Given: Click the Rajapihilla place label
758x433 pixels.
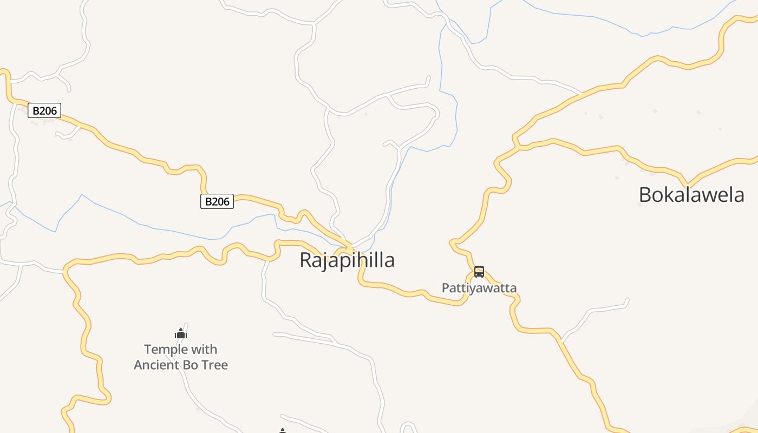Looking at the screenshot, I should pos(347,260).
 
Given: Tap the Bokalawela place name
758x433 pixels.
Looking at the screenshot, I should pos(691,195).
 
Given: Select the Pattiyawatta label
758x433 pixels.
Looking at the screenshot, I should pos(479,288).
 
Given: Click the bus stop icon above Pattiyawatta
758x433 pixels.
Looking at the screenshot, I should pos(479,272).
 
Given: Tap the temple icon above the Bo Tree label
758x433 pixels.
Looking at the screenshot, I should pos(181,333).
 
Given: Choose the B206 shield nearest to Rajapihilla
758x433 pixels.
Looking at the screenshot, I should pos(217,201).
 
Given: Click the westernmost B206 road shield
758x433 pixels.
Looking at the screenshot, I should pos(44,111).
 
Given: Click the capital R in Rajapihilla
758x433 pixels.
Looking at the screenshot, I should pos(305,260).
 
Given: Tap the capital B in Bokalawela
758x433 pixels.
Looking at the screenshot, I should pos(646,195).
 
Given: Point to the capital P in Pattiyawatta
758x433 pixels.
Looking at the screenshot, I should pos(445,288).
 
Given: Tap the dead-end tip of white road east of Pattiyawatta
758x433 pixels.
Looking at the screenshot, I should pos(628,299).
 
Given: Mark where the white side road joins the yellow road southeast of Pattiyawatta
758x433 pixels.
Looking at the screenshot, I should pos(561,342).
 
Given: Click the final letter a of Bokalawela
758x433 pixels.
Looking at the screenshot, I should pos(739,195).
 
